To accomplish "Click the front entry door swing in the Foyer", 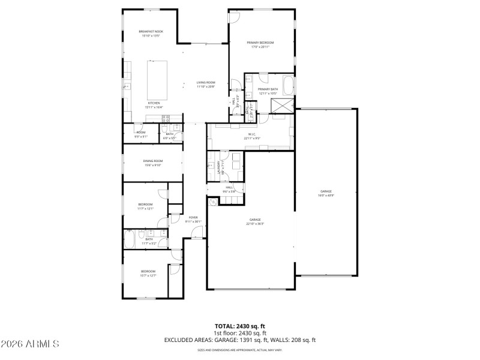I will point(197,232).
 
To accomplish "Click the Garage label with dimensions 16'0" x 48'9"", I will point(326,191).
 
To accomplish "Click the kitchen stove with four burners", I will point(127,87).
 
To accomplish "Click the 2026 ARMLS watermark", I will point(30,344).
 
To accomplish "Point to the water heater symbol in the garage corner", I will point(212,202).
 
